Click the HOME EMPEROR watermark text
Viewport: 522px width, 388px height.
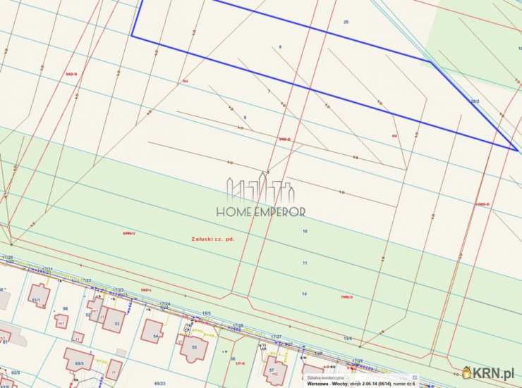click(260, 211)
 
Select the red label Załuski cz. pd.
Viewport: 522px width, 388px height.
click(212, 239)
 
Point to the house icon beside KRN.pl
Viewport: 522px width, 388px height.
click(467, 373)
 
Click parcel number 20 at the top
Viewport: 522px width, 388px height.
click(346, 23)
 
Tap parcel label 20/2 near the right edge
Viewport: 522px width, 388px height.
click(475, 101)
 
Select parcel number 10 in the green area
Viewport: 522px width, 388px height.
click(305, 231)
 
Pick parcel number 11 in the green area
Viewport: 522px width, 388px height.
click(305, 263)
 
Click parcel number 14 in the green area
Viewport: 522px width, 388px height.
click(304, 294)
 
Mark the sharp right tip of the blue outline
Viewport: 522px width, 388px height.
click(517, 149)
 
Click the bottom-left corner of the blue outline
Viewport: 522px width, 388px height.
click(132, 36)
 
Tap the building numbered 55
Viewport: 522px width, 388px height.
click(194, 348)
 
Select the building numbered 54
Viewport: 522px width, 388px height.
click(152, 330)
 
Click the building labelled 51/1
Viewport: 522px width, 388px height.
click(39, 294)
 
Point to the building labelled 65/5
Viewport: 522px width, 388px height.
click(77, 358)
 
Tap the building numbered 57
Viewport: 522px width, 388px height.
click(275, 368)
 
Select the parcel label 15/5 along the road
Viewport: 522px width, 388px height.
click(206, 313)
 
